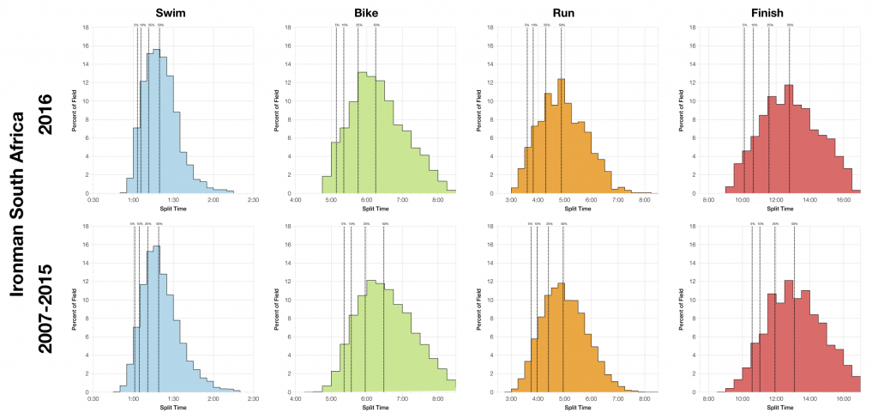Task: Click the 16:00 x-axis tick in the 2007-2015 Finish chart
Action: (x=843, y=399)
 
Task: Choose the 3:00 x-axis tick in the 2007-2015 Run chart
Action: (x=511, y=399)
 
